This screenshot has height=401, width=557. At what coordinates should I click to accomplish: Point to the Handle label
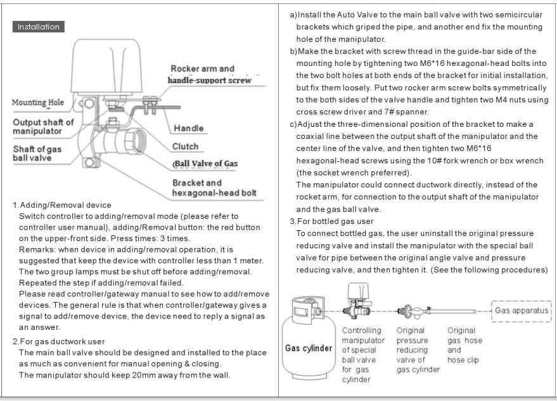click(x=189, y=128)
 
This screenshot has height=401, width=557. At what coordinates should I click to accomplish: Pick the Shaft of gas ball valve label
click(x=37, y=153)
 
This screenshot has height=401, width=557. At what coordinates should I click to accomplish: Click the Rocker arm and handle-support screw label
click(x=210, y=75)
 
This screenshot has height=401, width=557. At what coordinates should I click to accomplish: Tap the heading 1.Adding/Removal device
click(x=62, y=206)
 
